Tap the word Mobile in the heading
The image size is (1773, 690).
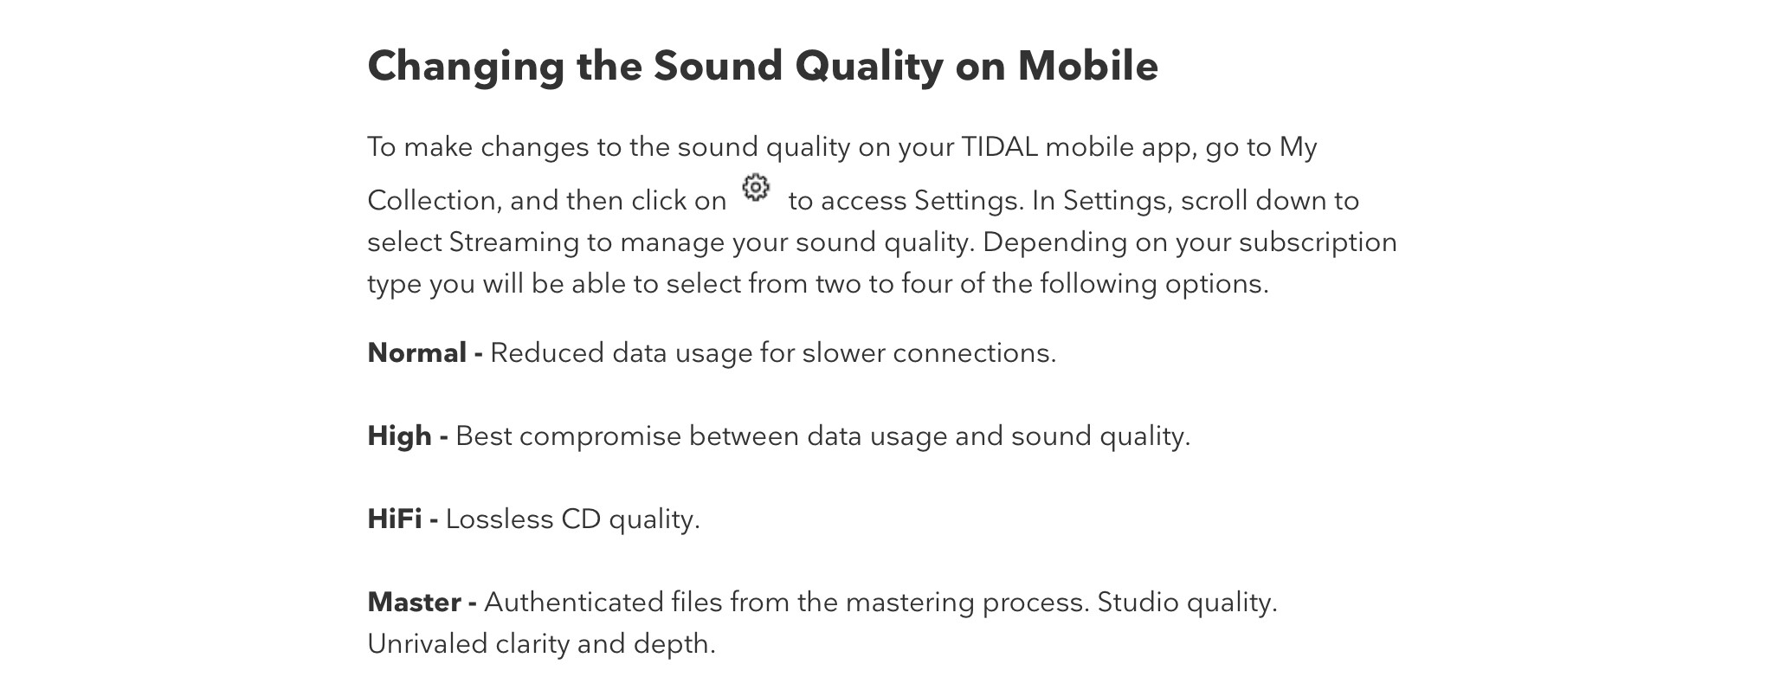pyautogui.click(x=1087, y=66)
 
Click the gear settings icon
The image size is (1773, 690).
pyautogui.click(x=756, y=187)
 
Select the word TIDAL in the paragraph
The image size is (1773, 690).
pyautogui.click(x=999, y=147)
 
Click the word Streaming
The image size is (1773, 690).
pyautogui.click(x=513, y=243)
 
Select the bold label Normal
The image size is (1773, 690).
pyautogui.click(x=417, y=353)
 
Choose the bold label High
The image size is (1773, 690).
pyautogui.click(x=399, y=436)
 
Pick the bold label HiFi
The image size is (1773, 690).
pyautogui.click(x=395, y=519)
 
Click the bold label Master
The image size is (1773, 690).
pyautogui.click(x=414, y=603)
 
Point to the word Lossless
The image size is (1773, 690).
pyautogui.click(x=500, y=519)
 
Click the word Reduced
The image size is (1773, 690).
pyautogui.click(x=547, y=353)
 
